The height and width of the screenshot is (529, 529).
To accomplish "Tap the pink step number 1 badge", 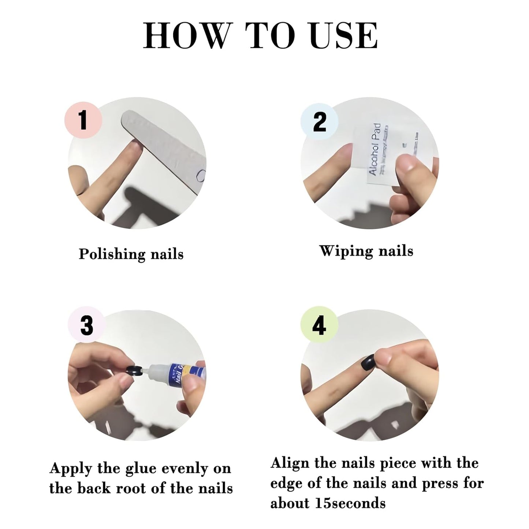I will pos(83,120).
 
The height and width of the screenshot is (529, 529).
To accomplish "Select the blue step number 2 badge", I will pos(319,121).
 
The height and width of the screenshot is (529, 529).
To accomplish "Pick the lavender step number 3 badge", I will pos(87,325).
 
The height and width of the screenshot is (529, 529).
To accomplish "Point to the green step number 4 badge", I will pos(319,325).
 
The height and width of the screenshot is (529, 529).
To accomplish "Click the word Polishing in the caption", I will pos(107,254).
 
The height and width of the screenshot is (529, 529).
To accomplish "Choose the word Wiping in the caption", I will pos(342,252).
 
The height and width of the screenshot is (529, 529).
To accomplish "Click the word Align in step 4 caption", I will pos(290,463).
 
